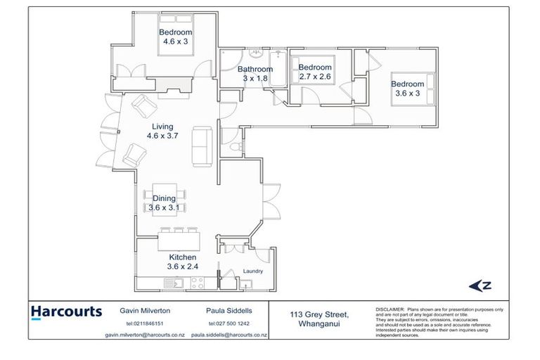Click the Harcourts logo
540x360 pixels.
[66, 311]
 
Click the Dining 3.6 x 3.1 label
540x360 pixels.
[165, 203]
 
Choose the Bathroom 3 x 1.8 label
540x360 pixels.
[254, 74]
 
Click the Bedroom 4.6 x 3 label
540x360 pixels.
[175, 37]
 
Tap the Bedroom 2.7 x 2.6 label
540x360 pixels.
[315, 72]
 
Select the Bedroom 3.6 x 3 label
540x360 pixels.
[407, 89]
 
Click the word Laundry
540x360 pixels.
[253, 271]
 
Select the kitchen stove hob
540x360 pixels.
[198, 283]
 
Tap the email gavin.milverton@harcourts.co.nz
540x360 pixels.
[145, 335]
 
